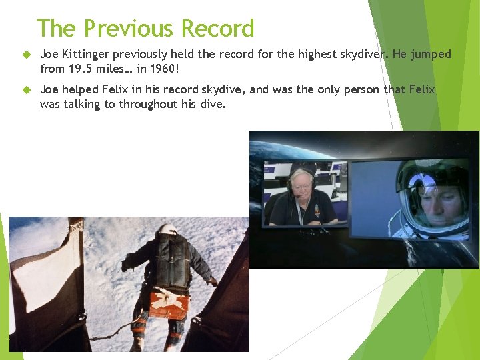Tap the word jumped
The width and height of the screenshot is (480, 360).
(x=431, y=54)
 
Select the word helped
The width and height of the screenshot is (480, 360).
(x=81, y=89)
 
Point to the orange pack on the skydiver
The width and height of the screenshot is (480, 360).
(x=169, y=304)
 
